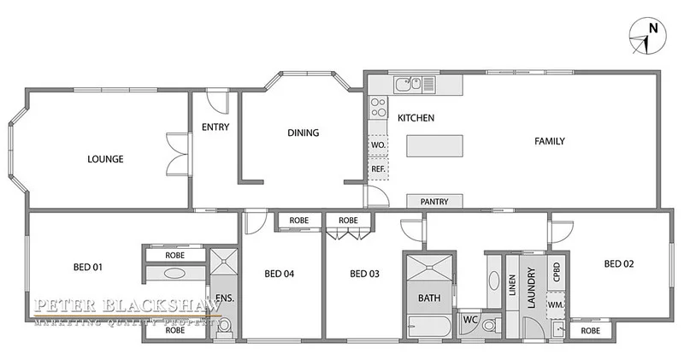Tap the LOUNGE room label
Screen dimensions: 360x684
click(x=106, y=159)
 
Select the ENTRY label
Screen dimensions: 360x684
click(x=214, y=127)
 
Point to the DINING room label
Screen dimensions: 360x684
click(x=303, y=133)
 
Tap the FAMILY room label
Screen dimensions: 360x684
click(x=551, y=141)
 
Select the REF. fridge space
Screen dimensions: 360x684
click(x=377, y=169)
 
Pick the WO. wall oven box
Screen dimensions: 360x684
click(x=377, y=146)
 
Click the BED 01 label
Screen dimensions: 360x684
click(x=87, y=267)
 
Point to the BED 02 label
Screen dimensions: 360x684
click(x=619, y=263)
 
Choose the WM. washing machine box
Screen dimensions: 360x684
click(x=556, y=304)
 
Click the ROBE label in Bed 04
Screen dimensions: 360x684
click(x=298, y=221)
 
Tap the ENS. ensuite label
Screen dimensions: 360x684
click(x=224, y=298)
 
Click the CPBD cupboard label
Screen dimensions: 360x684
click(x=557, y=273)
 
